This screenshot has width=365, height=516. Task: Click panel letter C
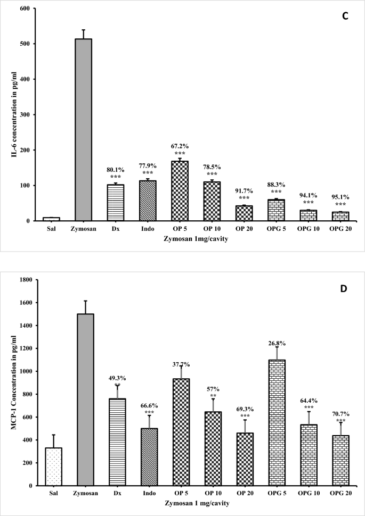[x=345, y=17]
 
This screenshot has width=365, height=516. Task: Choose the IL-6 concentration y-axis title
[x=9, y=114]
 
